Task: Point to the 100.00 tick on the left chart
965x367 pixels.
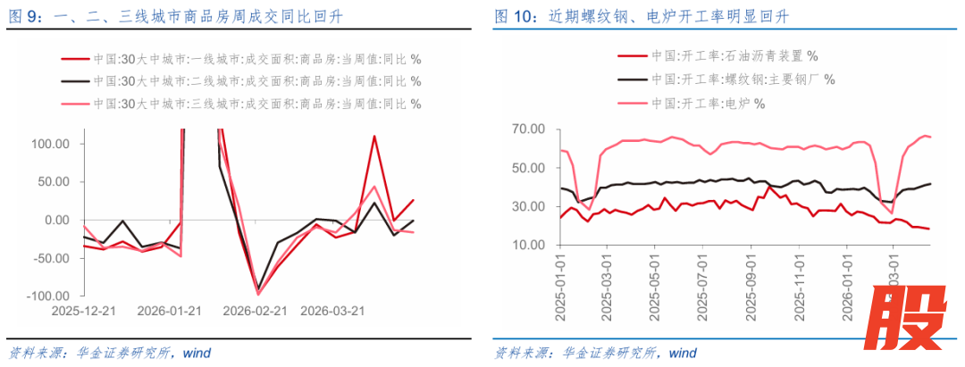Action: tap(52, 144)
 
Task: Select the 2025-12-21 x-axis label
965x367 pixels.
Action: tap(83, 312)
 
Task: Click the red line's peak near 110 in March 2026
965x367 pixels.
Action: tap(373, 137)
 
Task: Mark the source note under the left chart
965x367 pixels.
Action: tap(109, 352)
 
